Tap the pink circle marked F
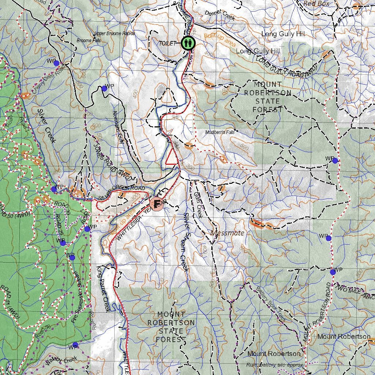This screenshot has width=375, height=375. pyautogui.click(x=157, y=203)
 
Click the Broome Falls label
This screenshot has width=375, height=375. pyautogui.click(x=89, y=40)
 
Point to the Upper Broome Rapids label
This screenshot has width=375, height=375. pyautogui.click(x=115, y=33)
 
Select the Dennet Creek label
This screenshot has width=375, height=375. pyautogui.click(x=219, y=15)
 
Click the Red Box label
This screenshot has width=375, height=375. pyautogui.click(x=316, y=4)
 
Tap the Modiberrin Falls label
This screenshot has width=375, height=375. pyautogui.click(x=219, y=132)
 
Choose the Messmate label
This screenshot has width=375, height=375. pyautogui.click(x=227, y=233)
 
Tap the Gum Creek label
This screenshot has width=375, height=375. pyautogui.click(x=198, y=205)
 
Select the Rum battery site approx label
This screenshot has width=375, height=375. pyautogui.click(x=275, y=365)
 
